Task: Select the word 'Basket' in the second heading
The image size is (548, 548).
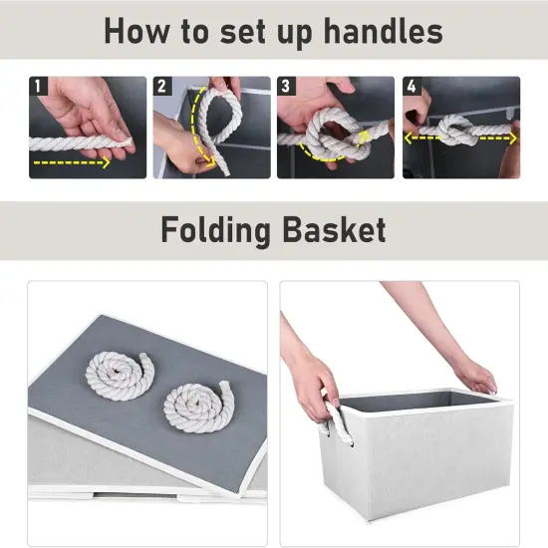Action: pos(334,230)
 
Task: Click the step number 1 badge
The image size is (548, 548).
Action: pos(39,87)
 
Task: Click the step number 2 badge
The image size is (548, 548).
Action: pos(162,87)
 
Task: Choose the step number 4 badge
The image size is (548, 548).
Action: pos(411,87)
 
